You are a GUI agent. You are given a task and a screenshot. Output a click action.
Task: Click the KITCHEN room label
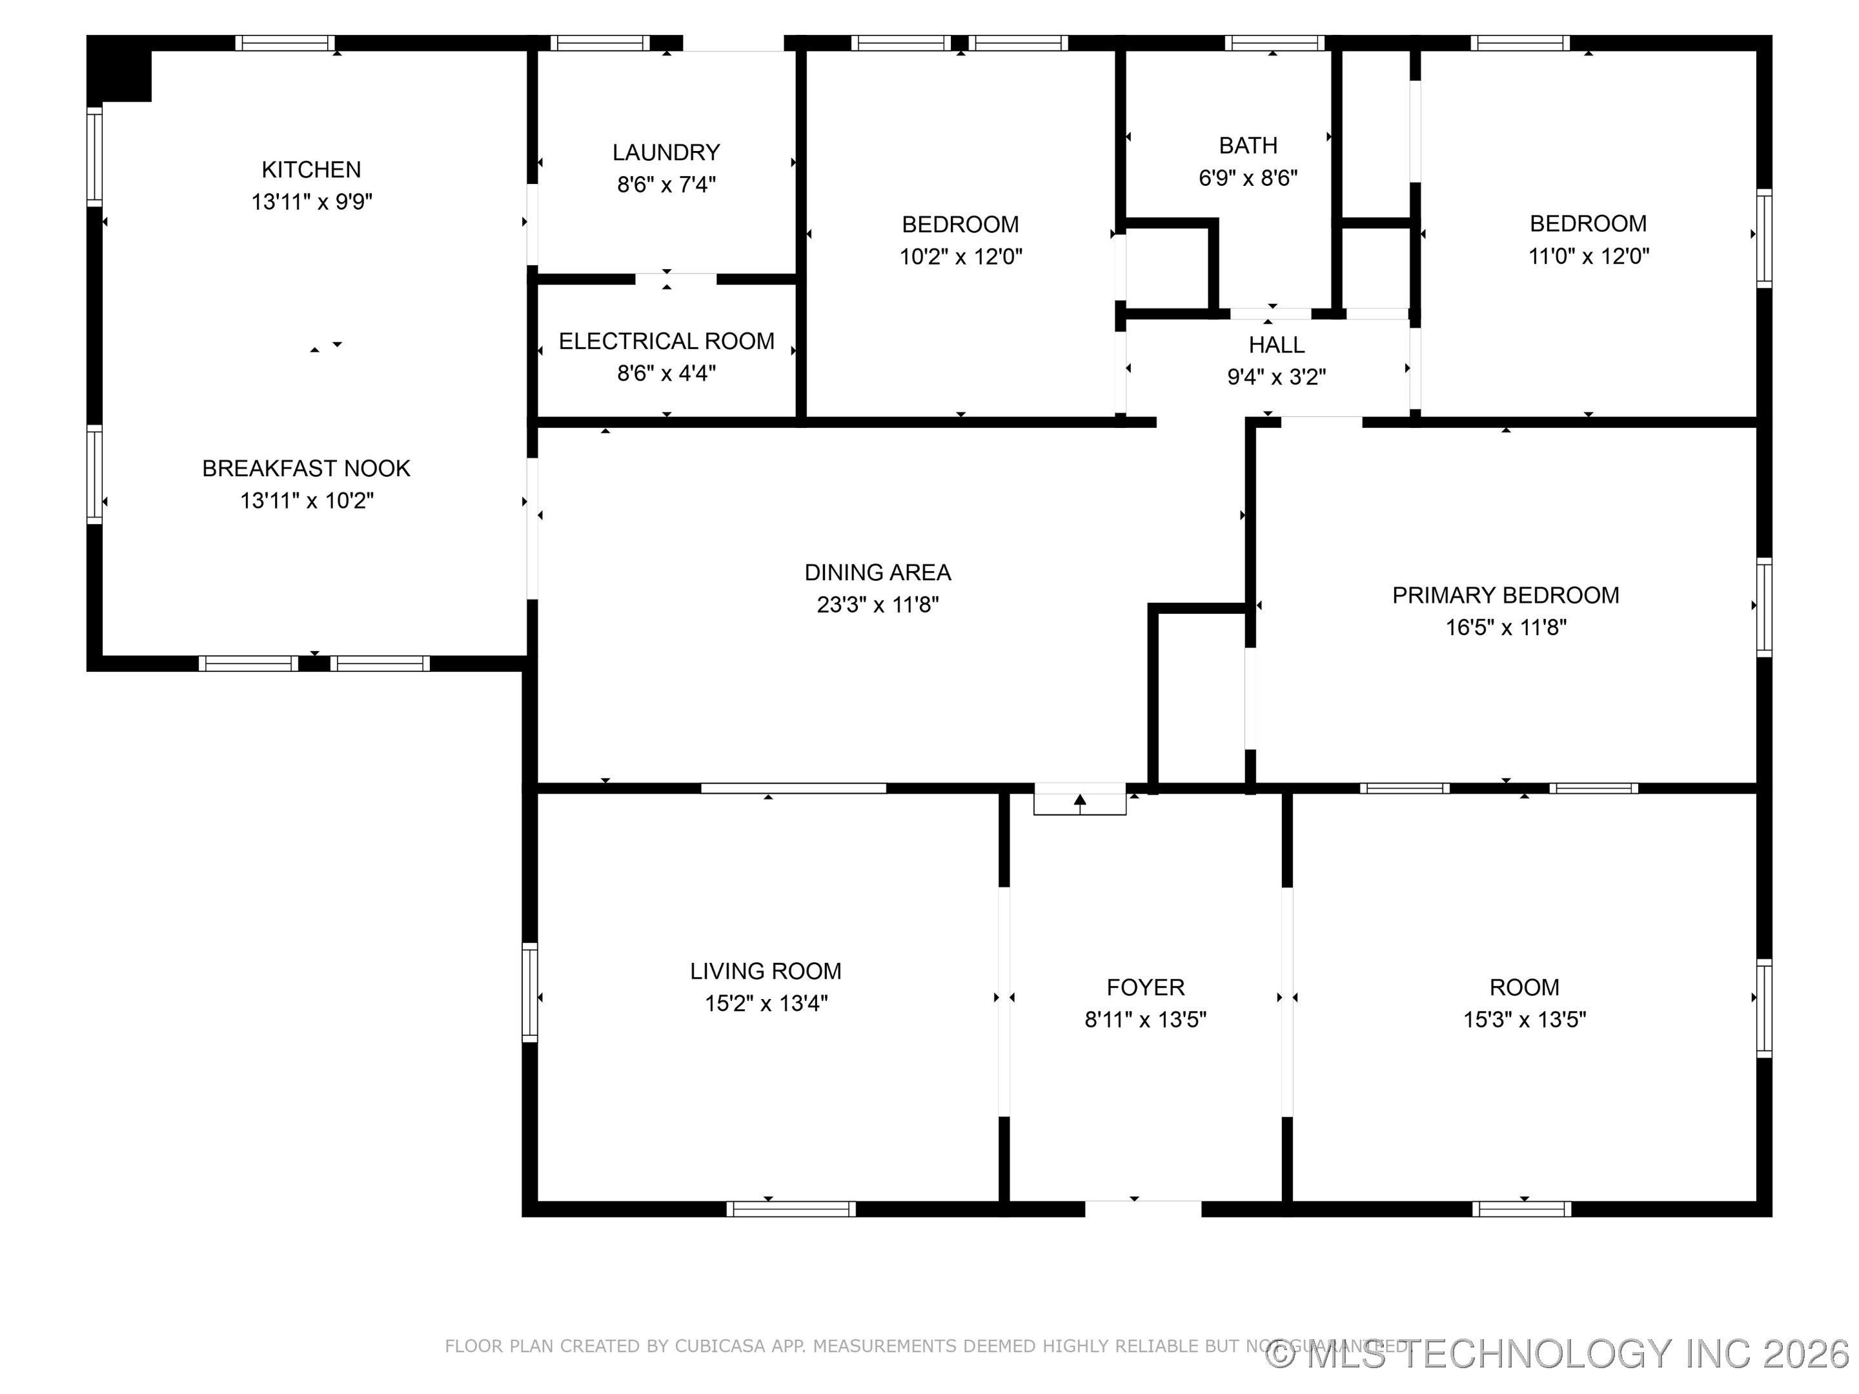[x=311, y=170]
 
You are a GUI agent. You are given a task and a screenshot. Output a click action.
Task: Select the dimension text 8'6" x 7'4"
[x=665, y=185]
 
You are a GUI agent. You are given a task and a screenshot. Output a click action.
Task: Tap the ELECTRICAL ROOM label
[x=665, y=341]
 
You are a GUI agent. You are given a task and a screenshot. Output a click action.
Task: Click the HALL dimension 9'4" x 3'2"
[x=1275, y=378]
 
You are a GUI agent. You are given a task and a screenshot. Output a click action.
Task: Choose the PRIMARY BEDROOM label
[x=1505, y=596]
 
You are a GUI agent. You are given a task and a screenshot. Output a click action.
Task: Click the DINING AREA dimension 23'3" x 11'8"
[x=877, y=605]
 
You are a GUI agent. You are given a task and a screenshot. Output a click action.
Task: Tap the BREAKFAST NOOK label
[x=306, y=469]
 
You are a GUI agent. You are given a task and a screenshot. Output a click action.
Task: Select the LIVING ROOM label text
[x=765, y=971]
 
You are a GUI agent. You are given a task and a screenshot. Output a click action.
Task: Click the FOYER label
[x=1144, y=987]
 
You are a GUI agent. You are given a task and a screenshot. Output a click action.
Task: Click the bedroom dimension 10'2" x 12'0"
[x=960, y=257]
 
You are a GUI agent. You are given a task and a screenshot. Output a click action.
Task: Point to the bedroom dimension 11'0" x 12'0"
[x=1587, y=256]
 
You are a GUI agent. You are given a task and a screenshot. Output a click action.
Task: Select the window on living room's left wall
[x=529, y=993]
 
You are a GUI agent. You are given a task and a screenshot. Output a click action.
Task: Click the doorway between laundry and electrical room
[x=675, y=279]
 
